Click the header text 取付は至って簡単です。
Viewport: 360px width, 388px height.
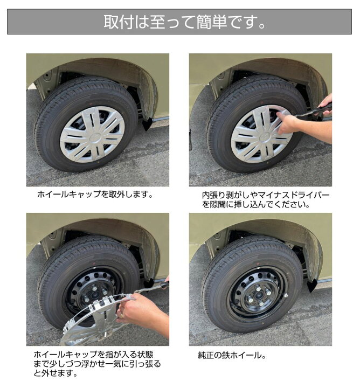179,22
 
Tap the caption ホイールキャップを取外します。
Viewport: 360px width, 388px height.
95,194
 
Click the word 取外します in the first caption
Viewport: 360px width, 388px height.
129,194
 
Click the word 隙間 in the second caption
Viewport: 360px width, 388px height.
218,205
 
